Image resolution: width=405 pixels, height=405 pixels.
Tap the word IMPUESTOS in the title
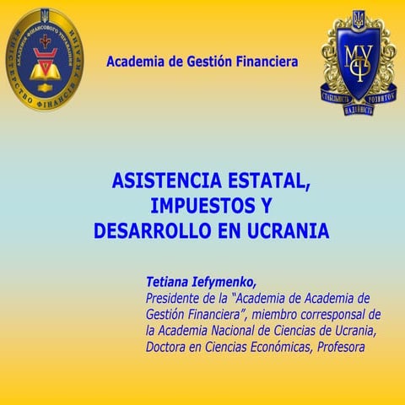202,205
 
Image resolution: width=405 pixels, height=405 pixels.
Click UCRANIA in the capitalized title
284,229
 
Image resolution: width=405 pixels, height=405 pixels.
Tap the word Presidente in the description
178,298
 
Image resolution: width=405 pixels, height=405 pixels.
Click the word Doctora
169,346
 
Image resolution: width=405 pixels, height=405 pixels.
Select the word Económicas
280,346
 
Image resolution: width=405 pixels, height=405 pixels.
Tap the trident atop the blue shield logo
359,19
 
